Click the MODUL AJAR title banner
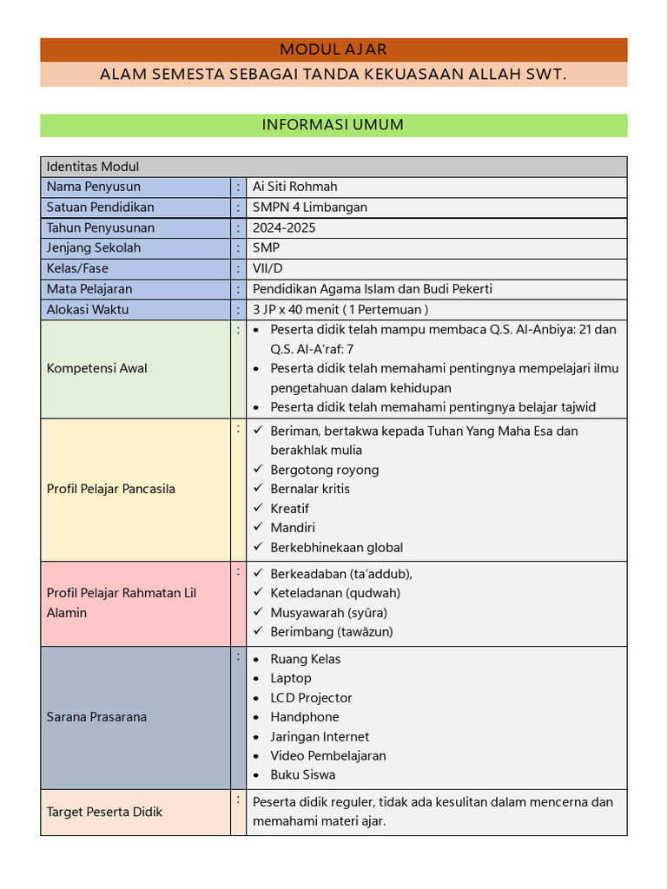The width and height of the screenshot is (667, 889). (333, 49)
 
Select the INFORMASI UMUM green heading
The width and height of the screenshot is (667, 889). (333, 125)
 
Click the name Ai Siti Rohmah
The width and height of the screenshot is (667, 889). (294, 187)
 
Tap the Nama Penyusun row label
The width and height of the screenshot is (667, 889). (94, 187)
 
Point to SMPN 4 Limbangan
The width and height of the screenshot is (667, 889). (309, 207)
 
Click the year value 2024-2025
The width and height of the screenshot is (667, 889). (284, 228)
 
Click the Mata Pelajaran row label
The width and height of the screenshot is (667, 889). (89, 289)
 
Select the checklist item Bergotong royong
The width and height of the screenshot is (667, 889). (324, 470)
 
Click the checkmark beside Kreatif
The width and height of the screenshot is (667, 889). (258, 508)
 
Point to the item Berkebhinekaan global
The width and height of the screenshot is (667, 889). (336, 547)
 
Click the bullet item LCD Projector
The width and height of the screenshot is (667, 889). (311, 698)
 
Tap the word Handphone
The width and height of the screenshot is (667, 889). (304, 717)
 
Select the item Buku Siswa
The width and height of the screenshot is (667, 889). (302, 774)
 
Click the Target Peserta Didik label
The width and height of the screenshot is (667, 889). (104, 812)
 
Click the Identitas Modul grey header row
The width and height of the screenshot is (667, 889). (333, 167)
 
